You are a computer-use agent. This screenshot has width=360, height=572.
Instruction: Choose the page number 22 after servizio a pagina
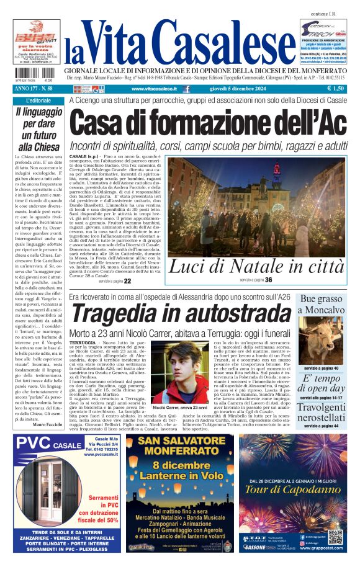[x=127, y=281]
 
